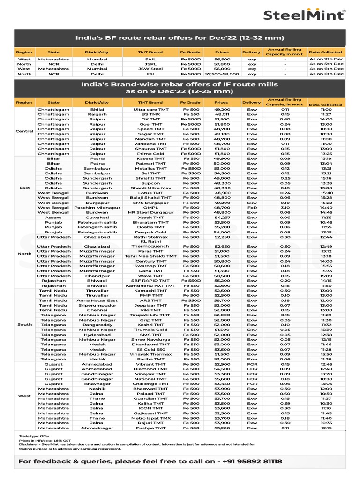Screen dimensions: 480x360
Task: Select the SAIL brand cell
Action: [150, 60]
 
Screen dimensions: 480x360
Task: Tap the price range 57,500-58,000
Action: [221, 74]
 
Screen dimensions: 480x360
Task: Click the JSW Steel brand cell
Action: [150, 69]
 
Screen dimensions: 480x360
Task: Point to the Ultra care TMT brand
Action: [150, 109]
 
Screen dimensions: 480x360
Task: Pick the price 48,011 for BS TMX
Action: [221, 114]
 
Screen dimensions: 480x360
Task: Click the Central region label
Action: [24, 131]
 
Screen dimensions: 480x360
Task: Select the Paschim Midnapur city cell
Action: [97, 207]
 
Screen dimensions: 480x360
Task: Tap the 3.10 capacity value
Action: [285, 207]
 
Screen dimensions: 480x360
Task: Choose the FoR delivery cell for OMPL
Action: [252, 207]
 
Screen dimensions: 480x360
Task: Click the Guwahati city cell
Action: [97, 217]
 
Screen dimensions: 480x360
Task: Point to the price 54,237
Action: [221, 217]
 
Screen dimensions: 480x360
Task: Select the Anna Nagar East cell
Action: [97, 300]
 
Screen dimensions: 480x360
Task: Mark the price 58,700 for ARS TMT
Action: [221, 300]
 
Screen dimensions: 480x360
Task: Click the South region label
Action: [24, 324]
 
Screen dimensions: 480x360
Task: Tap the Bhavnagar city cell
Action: [97, 383]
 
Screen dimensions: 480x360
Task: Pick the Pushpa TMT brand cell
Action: [150, 428]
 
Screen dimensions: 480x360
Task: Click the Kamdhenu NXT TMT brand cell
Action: [150, 285]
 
